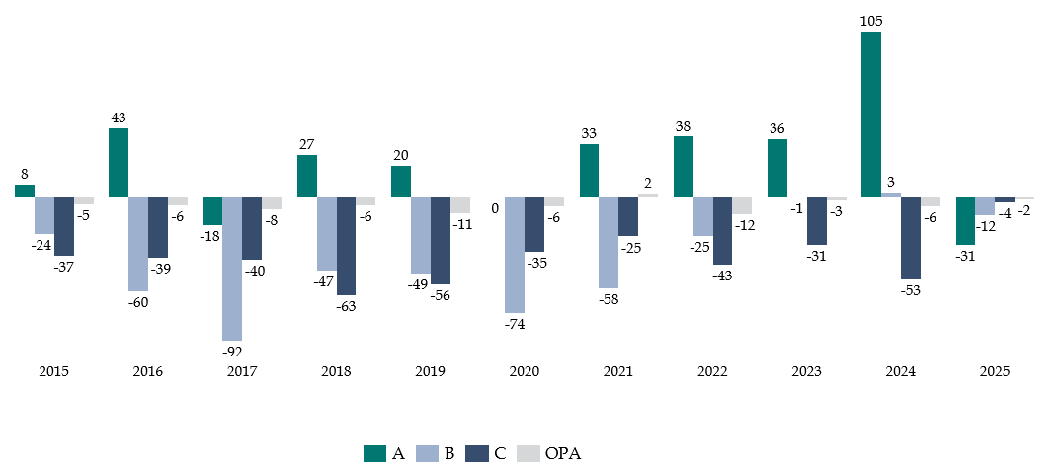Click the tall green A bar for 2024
coord(870,114)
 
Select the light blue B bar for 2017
coord(232,268)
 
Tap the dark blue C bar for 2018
coord(346,245)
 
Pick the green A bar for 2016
coord(119,163)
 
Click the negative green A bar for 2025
coord(965,220)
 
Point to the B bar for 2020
coord(515,254)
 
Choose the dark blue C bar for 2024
coord(910,237)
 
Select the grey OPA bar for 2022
coord(742,205)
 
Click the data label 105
coord(871,21)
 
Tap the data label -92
coord(232,351)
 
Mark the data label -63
coord(346,305)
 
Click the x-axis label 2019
coord(430,372)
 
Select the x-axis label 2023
coord(806,372)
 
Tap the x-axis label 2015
coord(53,372)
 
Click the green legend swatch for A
coord(374,453)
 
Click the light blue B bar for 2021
coord(609,242)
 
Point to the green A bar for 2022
coord(683,167)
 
